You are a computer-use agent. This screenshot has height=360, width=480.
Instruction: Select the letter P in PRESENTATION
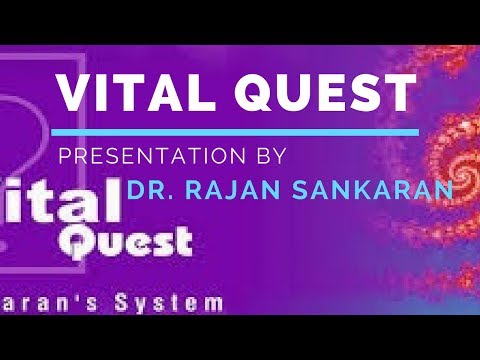click(x=63, y=156)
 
